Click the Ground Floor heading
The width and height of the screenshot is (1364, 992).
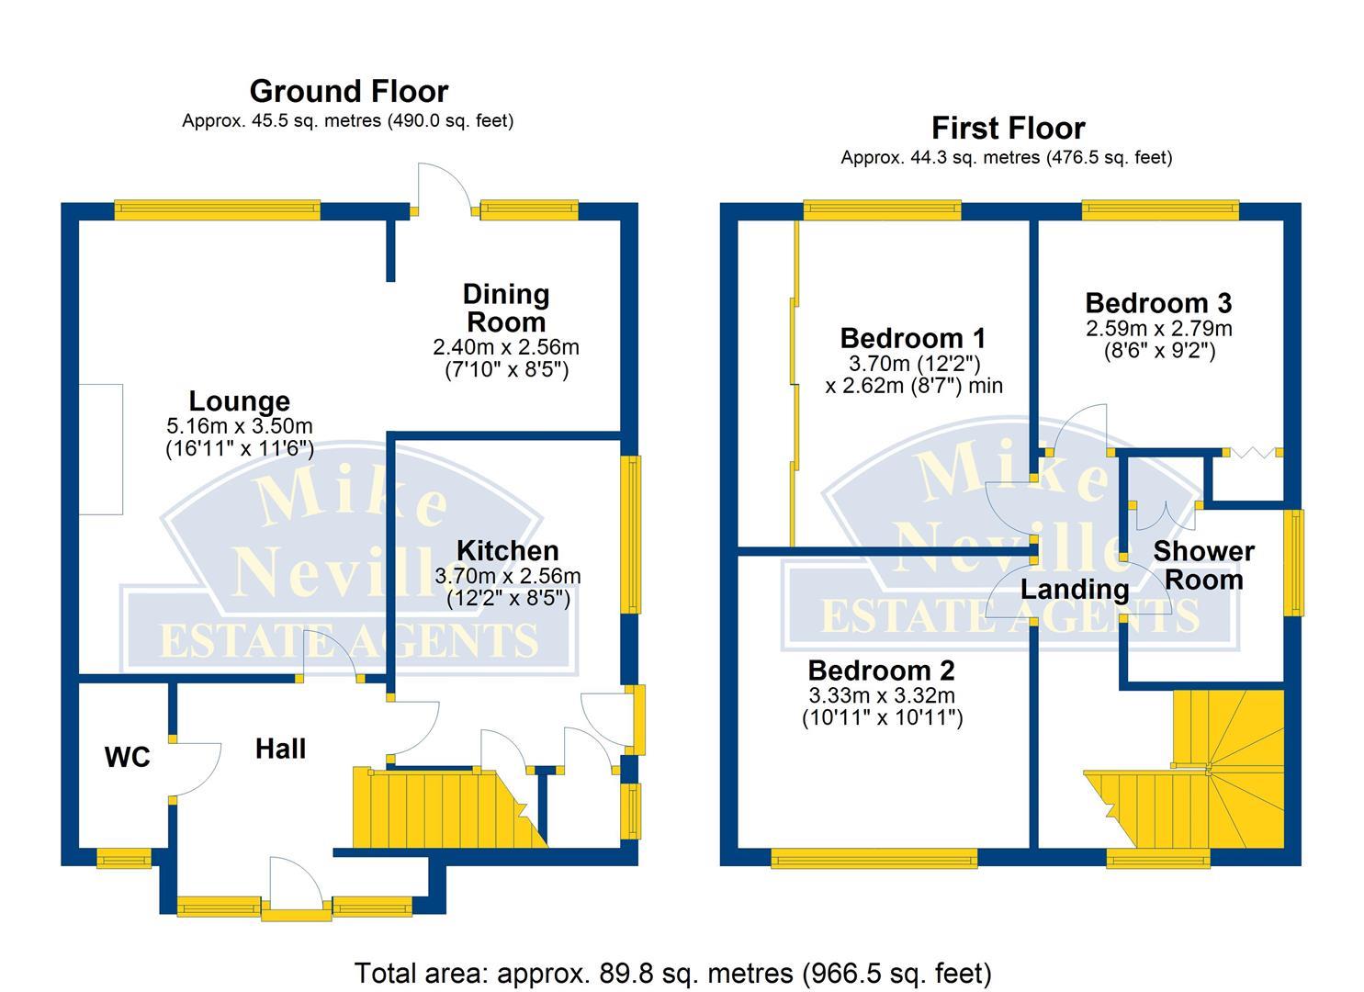point(348,92)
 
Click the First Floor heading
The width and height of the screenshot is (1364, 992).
point(1008,129)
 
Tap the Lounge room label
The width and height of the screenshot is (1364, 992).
point(239,401)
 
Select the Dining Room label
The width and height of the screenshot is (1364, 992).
point(506,309)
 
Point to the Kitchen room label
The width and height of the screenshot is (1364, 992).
point(507,551)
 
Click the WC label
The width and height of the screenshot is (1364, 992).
point(127,758)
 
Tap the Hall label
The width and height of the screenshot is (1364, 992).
point(280,750)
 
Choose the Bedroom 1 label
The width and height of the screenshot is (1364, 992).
point(912,337)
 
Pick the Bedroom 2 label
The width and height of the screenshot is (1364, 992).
point(881,671)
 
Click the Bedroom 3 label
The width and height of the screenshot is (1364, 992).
point(1158,303)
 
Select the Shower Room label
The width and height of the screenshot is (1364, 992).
point(1203,566)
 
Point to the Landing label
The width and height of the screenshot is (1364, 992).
point(1075,590)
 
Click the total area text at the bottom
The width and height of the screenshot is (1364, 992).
point(672,973)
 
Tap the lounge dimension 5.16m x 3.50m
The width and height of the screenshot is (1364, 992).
point(239,427)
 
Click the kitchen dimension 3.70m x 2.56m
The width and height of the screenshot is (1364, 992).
point(507,577)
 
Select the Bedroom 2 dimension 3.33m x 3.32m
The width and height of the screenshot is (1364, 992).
point(881,695)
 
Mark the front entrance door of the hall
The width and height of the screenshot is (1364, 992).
point(296,886)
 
